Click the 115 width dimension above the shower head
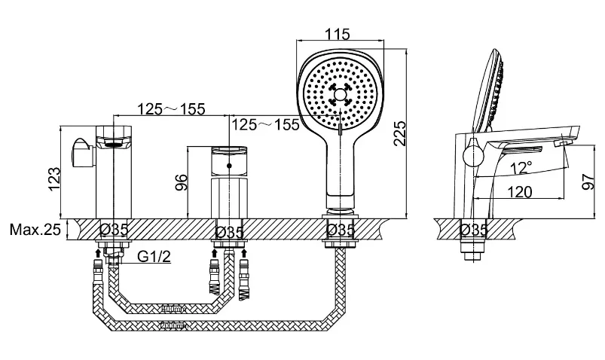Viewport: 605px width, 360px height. (337, 35)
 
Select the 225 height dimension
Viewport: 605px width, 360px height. (400, 133)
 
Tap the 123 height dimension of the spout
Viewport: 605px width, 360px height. (54, 178)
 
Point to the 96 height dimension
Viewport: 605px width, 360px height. (181, 182)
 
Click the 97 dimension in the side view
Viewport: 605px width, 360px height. (588, 182)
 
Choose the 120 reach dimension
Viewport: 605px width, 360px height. (520, 192)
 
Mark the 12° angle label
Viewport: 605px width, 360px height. (521, 168)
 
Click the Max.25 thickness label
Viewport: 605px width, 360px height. (35, 230)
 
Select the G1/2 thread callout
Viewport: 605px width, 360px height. (154, 256)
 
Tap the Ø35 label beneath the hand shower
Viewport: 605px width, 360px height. (341, 230)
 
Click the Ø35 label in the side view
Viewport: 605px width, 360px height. (474, 230)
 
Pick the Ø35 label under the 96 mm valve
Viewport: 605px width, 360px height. (230, 232)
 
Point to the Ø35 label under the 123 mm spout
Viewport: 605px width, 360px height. (114, 230)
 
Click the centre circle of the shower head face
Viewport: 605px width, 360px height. (340, 95)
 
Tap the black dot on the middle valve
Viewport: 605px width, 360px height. (230, 166)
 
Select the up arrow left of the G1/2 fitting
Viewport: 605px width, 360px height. (99, 253)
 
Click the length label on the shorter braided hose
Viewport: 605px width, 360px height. (173, 309)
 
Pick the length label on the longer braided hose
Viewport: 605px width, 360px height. (173, 326)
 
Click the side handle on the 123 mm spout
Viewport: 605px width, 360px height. (82, 153)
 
